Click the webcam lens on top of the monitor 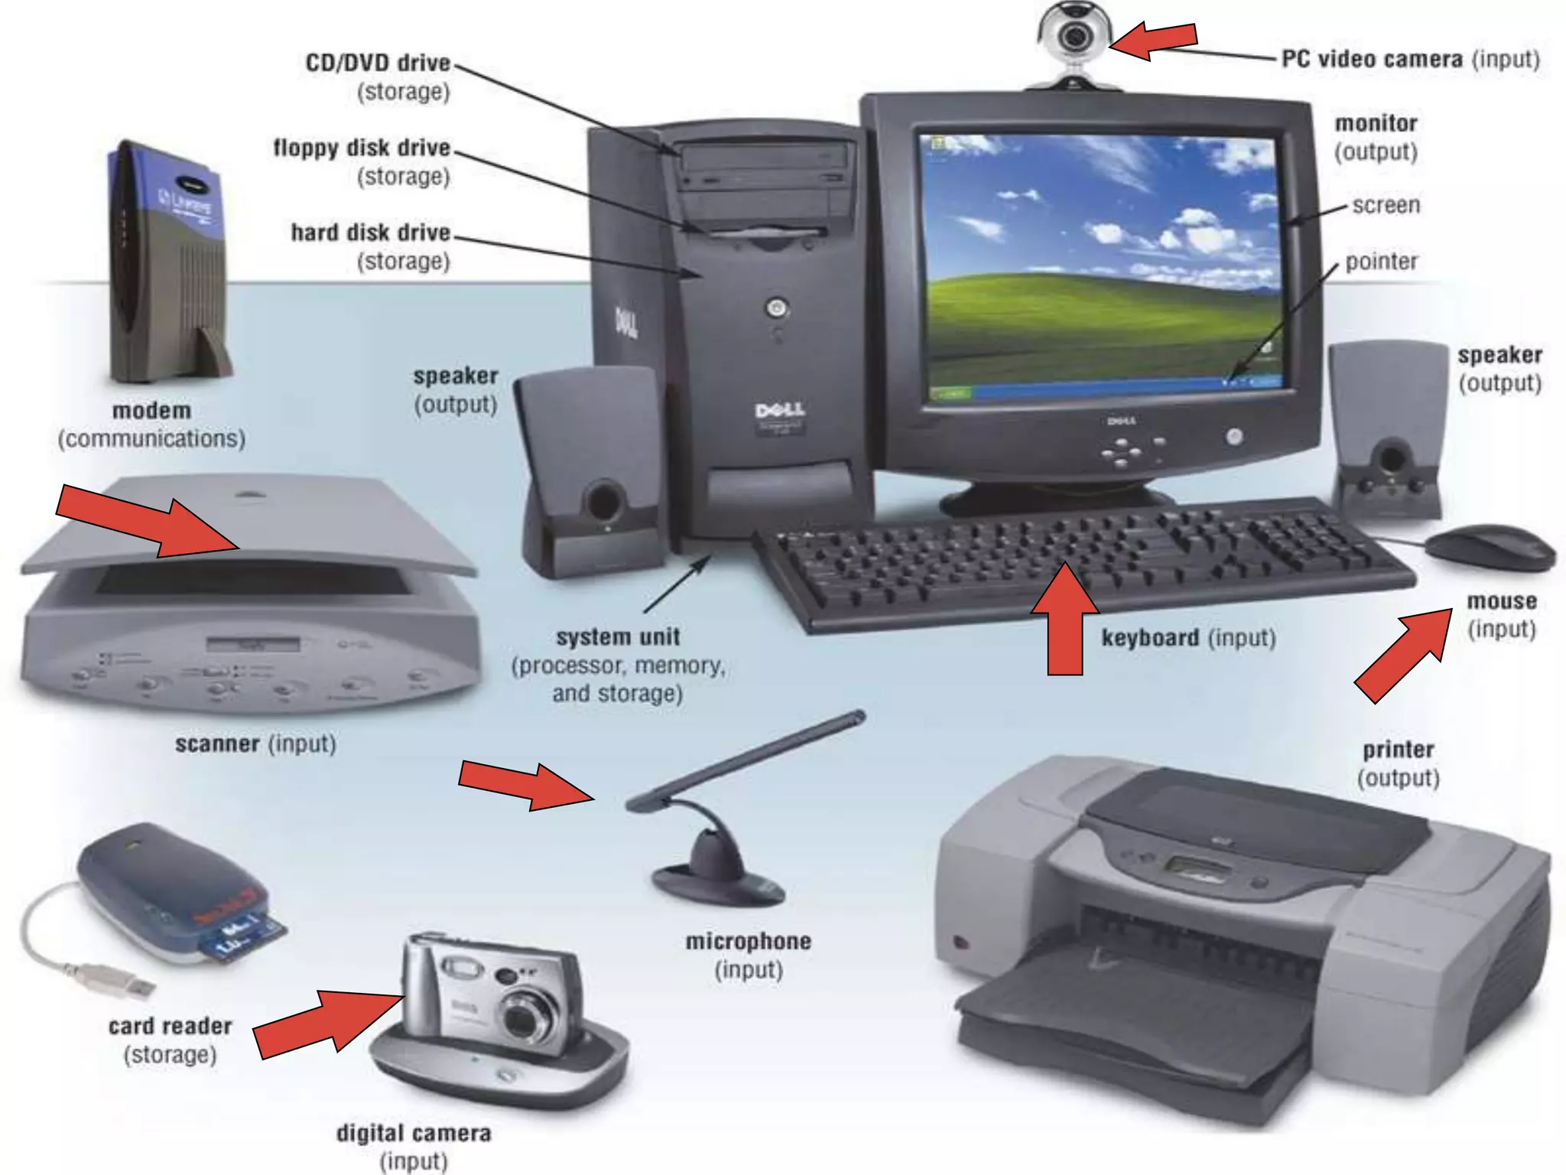tap(1075, 36)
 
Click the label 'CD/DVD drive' tap(378, 63)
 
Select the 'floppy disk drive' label tap(362, 147)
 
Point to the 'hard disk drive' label tap(370, 232)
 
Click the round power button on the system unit tap(777, 308)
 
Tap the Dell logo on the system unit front tap(779, 411)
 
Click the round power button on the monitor tap(1233, 437)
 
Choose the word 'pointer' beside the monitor tap(1381, 262)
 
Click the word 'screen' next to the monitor tap(1386, 205)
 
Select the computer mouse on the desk tap(1490, 547)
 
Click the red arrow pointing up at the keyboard tap(1065, 620)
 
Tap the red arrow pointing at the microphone tap(527, 784)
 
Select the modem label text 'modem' tap(151, 410)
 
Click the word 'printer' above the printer tap(1398, 749)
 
